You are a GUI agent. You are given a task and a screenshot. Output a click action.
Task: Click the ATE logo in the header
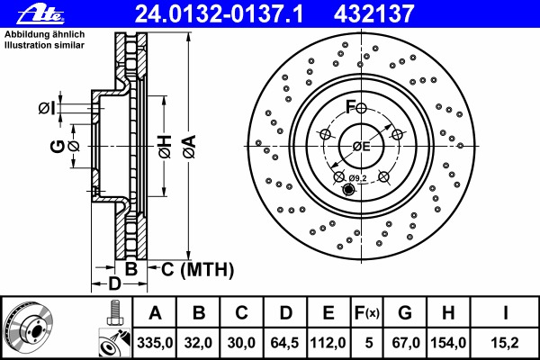pos(40,14)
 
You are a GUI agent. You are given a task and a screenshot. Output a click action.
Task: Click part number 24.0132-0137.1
pos(219,14)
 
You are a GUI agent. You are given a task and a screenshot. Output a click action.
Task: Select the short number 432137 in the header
pos(373,14)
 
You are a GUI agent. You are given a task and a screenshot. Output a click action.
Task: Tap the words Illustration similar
pos(44,45)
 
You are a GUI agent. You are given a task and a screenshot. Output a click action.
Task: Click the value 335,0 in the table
pos(155,343)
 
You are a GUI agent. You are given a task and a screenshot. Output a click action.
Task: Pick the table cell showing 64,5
pos(284,343)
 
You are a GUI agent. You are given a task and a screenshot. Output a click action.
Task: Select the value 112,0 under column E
pos(328,343)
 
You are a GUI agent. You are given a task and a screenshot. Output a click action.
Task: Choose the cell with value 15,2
pos(505,343)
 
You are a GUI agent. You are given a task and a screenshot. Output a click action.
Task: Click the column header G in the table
pos(405,313)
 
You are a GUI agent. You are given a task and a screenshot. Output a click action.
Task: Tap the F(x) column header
pos(367,313)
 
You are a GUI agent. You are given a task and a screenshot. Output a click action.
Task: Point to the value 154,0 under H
pos(448,343)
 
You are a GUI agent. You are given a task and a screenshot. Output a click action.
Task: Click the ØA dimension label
pos(189,147)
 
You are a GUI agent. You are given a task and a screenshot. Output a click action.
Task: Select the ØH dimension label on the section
pos(165,147)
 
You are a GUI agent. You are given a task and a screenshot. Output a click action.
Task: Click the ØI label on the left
pos(47,109)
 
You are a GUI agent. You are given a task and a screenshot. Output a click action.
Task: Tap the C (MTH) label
pos(197,269)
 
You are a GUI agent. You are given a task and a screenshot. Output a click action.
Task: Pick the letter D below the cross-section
pos(114,283)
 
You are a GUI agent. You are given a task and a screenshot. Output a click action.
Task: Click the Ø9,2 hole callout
pos(358,178)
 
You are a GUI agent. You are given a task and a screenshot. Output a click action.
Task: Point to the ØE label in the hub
pos(361,147)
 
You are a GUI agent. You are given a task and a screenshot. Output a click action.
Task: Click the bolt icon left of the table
pos(114,313)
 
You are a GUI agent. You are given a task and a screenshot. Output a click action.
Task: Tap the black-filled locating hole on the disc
pos(348,189)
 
